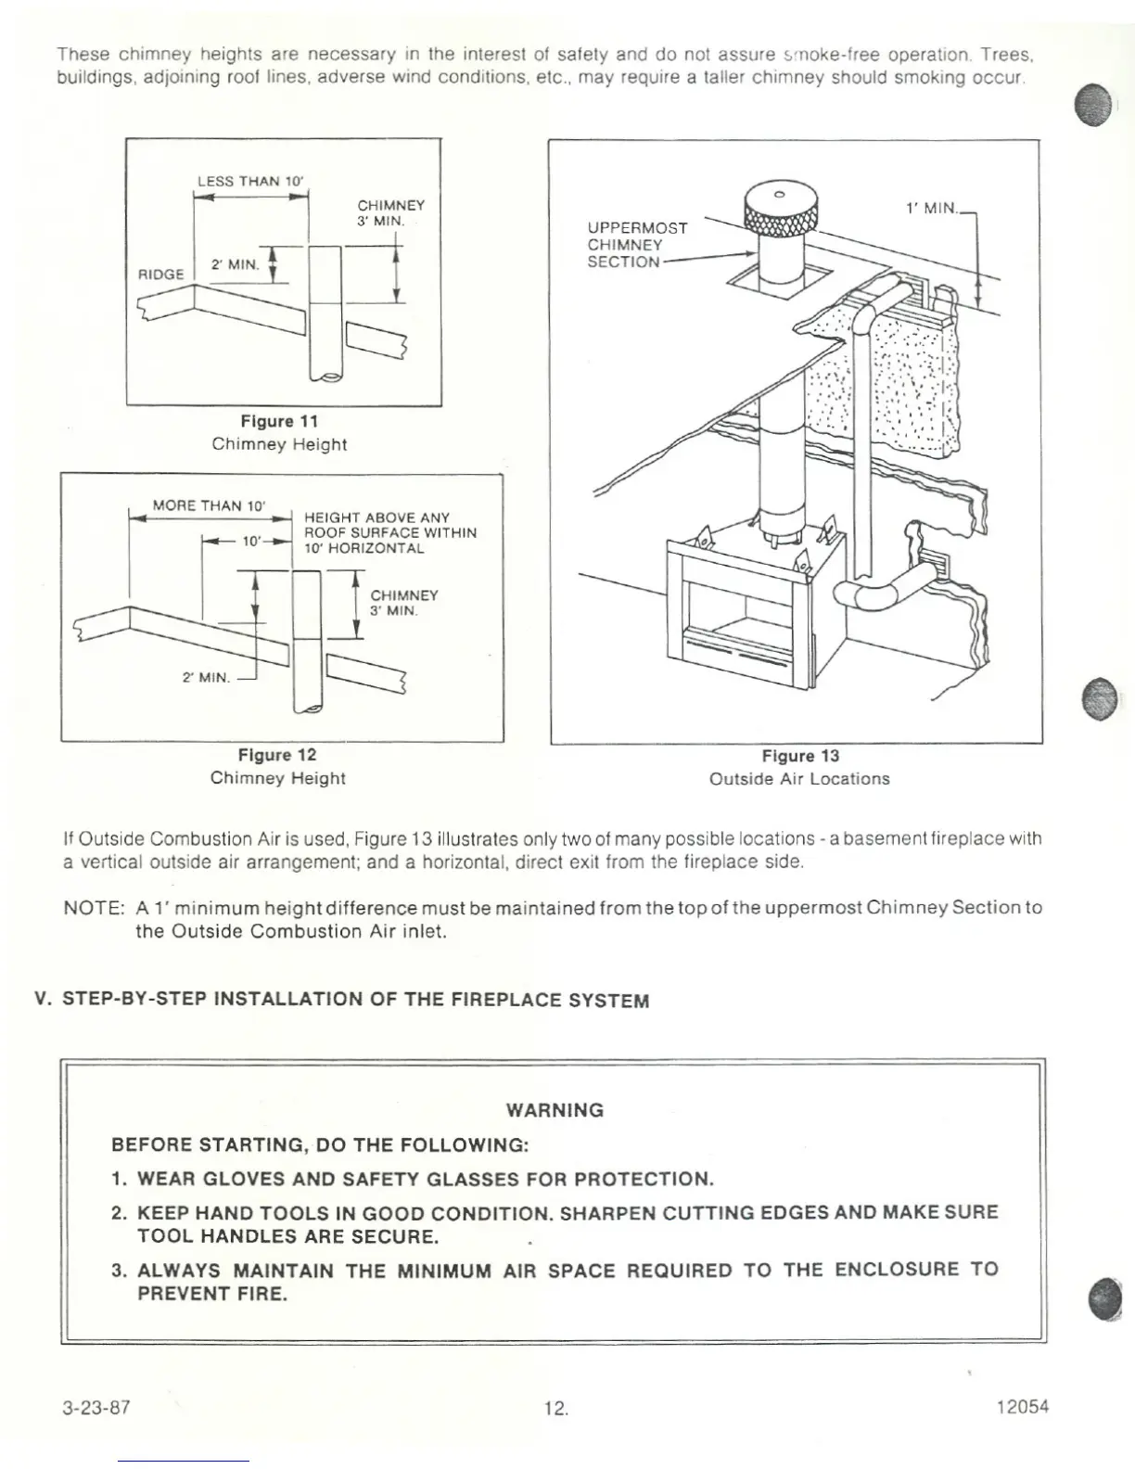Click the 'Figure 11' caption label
pos(279,421)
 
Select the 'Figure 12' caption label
pos(277,755)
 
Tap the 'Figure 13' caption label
pos(799,756)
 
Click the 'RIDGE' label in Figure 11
pos(161,275)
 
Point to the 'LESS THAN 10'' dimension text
pos(250,181)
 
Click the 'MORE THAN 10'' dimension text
pos(209,505)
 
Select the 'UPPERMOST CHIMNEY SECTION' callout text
pos(637,245)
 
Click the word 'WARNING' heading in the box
pos(555,1110)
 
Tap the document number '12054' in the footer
pos(1022,1407)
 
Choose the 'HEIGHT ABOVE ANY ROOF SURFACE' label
pos(390,532)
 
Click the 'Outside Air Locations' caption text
pos(799,779)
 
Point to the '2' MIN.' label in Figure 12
pos(206,677)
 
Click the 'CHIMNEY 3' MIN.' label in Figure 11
pos(390,213)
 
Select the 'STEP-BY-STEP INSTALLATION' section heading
pos(355,1000)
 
